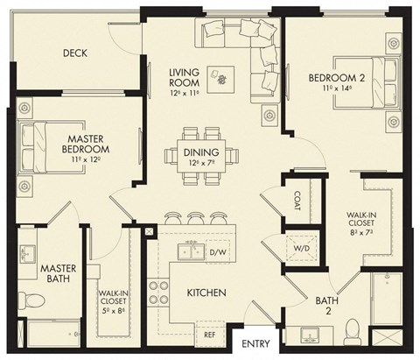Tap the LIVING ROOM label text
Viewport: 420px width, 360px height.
pyautogui.click(x=185, y=74)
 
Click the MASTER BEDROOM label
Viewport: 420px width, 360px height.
pyautogui.click(x=86, y=144)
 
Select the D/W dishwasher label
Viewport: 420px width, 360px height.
pyautogui.click(x=218, y=254)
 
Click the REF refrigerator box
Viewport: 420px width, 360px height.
pyautogui.click(x=210, y=333)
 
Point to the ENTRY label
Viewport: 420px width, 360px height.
pyautogui.click(x=255, y=343)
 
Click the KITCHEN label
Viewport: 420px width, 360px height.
pyautogui.click(x=206, y=292)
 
